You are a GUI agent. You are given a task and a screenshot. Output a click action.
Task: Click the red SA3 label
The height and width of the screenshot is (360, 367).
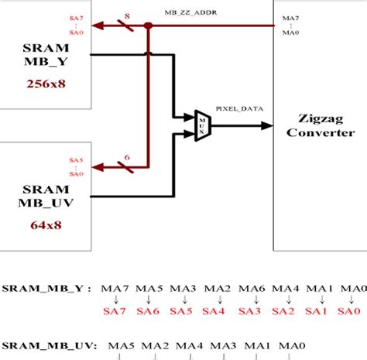(x=250, y=311)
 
